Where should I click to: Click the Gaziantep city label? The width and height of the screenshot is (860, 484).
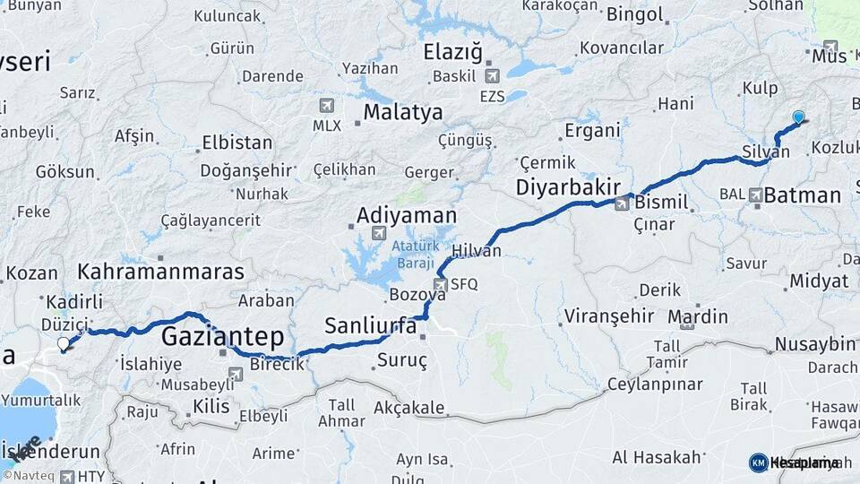coord(222,337)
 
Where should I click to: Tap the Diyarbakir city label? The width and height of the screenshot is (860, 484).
coord(568,187)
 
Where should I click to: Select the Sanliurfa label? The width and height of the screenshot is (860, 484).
coord(370,324)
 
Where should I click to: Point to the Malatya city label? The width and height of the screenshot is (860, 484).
coord(402,113)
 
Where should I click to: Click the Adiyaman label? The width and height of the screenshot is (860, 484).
coord(406,216)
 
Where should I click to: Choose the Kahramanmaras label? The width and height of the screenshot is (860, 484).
coord(161,272)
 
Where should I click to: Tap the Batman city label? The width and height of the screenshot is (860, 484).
coord(803,194)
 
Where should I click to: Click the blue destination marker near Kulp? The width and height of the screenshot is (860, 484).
coord(798,117)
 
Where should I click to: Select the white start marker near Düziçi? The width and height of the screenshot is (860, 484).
coord(63,343)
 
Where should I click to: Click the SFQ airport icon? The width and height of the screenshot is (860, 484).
coord(440,285)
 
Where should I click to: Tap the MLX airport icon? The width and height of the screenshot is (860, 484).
coord(326,105)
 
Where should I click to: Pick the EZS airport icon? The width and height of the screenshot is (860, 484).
coord(491,76)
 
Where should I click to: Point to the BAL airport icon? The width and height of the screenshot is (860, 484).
coord(756,194)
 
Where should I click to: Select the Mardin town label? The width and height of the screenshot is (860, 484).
coord(698,316)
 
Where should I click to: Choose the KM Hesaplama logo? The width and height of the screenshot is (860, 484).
coord(794,462)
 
